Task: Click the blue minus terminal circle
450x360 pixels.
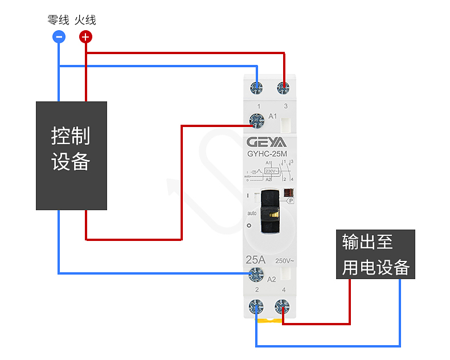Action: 59,38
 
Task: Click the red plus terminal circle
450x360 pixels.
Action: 85,38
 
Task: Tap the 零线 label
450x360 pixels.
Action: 58,21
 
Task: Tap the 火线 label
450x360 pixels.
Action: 85,21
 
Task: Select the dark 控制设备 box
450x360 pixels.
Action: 71,156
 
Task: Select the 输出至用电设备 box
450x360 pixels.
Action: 375,254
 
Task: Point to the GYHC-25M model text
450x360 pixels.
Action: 267,153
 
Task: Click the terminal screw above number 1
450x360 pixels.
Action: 257,88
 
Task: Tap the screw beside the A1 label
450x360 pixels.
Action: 256,120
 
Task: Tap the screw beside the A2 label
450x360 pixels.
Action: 256,276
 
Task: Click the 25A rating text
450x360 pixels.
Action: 256,260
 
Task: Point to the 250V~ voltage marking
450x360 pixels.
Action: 285,261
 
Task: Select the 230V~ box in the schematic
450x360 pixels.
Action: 272,170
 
